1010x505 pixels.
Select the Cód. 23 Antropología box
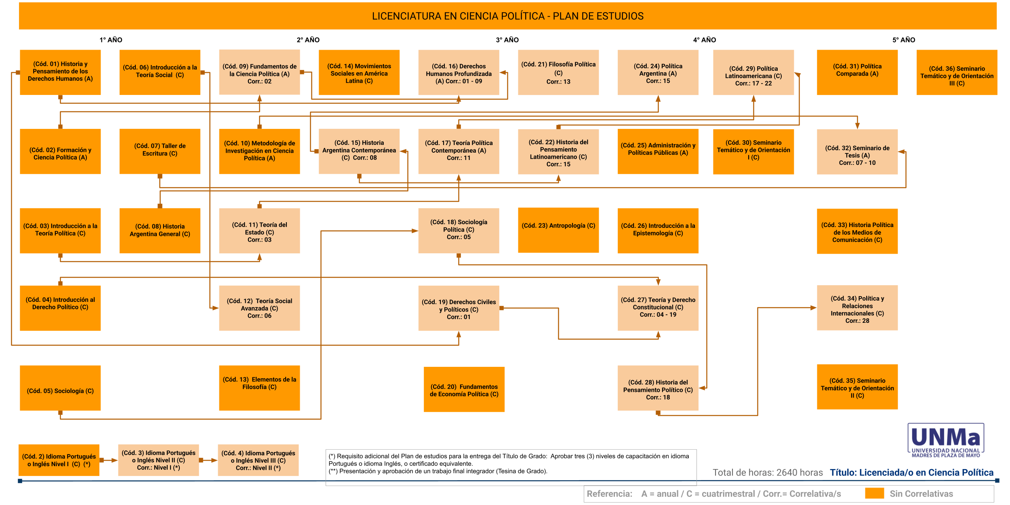pos(558,230)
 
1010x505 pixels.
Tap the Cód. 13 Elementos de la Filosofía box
pos(259,388)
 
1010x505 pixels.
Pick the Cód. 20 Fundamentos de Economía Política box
pos(464,389)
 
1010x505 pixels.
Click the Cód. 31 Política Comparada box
pos(857,72)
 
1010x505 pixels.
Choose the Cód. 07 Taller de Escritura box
pos(160,151)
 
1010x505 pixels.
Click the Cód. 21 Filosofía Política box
pos(558,72)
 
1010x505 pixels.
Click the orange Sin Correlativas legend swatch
pos(874,494)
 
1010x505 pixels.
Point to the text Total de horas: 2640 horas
pos(768,473)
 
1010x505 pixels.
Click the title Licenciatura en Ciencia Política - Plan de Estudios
pos(508,16)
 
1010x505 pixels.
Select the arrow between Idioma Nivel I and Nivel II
pos(109,460)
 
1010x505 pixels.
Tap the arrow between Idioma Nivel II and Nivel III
pos(208,460)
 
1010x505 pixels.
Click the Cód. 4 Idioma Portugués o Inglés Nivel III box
pos(258,460)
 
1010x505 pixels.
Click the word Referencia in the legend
pos(609,494)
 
